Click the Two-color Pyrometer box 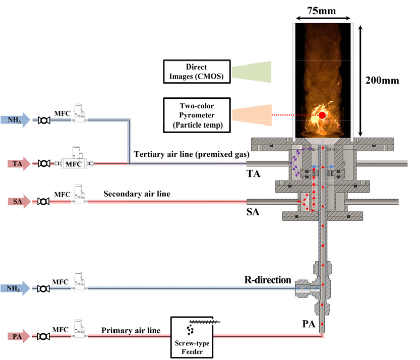coord(196,115)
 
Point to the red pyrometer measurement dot coord(322,115)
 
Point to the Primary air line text coord(131,331)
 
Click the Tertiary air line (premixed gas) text coord(192,154)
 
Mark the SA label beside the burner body coord(253,212)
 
